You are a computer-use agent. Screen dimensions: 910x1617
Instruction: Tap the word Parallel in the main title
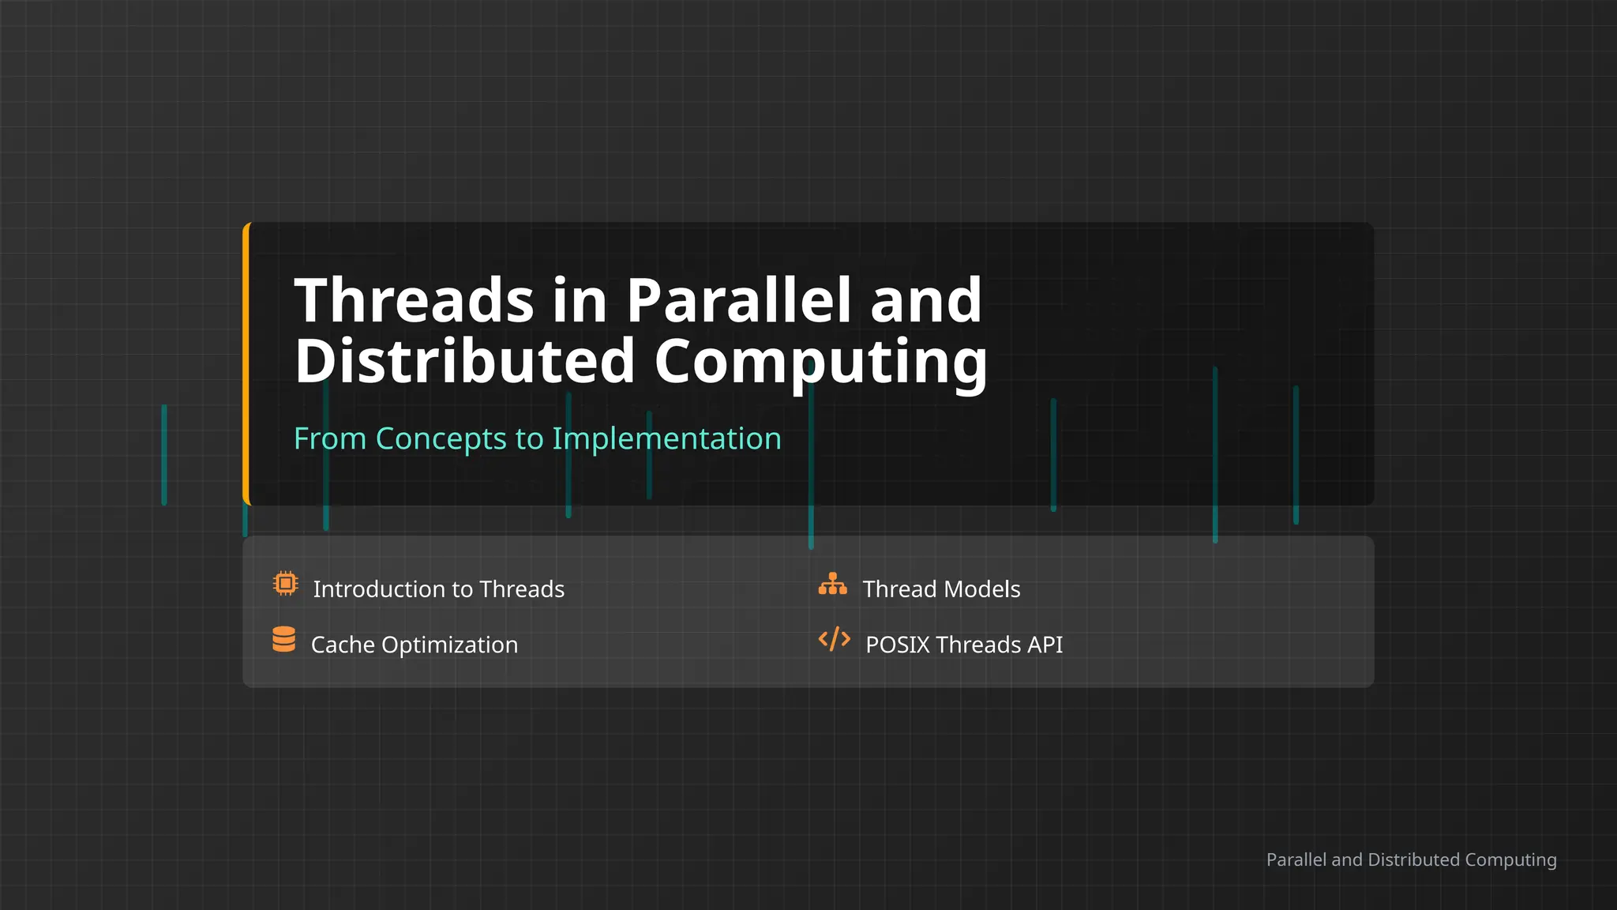click(739, 301)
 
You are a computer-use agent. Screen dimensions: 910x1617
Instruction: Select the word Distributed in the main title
click(465, 361)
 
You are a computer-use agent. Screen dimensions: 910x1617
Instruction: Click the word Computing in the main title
click(820, 361)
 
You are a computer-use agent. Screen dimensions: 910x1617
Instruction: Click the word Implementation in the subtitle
click(666, 438)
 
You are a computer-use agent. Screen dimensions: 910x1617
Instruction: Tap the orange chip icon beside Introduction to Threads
click(285, 584)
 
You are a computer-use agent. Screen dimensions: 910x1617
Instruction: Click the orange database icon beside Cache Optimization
click(284, 639)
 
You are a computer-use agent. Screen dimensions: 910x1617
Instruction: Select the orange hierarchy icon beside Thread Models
click(832, 584)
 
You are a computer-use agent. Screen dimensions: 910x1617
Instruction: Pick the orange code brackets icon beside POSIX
click(834, 639)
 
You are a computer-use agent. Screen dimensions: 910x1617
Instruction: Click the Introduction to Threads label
click(438, 589)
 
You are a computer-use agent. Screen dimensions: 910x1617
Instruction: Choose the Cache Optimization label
click(415, 645)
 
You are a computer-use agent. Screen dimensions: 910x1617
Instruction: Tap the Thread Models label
click(941, 589)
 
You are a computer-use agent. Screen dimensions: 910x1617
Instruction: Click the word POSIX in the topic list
click(898, 645)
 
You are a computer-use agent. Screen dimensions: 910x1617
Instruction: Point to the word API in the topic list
click(1045, 645)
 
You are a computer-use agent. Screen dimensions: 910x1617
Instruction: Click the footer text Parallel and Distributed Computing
click(1411, 859)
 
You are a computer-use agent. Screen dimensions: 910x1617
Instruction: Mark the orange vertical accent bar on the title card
click(246, 363)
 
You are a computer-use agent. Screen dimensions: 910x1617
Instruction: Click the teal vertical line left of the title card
click(164, 454)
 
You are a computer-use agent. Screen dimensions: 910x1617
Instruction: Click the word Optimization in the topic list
click(449, 645)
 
